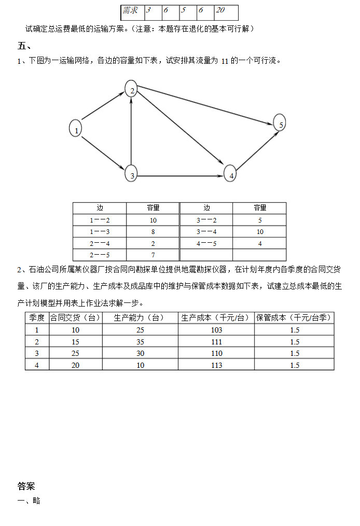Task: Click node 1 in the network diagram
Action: pyautogui.click(x=76, y=129)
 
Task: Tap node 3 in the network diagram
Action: pyautogui.click(x=132, y=174)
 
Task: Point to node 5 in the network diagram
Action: pyautogui.click(x=280, y=123)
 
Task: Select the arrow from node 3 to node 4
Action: pyautogui.click(x=182, y=175)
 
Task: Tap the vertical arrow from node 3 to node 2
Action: pyautogui.click(x=132, y=132)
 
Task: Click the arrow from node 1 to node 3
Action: pyautogui.click(x=104, y=151)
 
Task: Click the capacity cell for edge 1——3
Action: pyautogui.click(x=153, y=232)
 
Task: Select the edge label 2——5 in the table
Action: pyautogui.click(x=100, y=255)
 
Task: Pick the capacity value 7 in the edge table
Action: pyautogui.click(x=153, y=255)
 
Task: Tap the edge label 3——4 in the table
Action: pyautogui.click(x=206, y=232)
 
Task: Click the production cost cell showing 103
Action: pyautogui.click(x=216, y=330)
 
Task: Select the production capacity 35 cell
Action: pyautogui.click(x=140, y=342)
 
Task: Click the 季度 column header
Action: pyautogui.click(x=37, y=317)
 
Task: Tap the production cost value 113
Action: pyautogui.click(x=216, y=365)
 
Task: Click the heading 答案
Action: pyautogui.click(x=26, y=486)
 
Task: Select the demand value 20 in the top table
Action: pyautogui.click(x=221, y=10)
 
